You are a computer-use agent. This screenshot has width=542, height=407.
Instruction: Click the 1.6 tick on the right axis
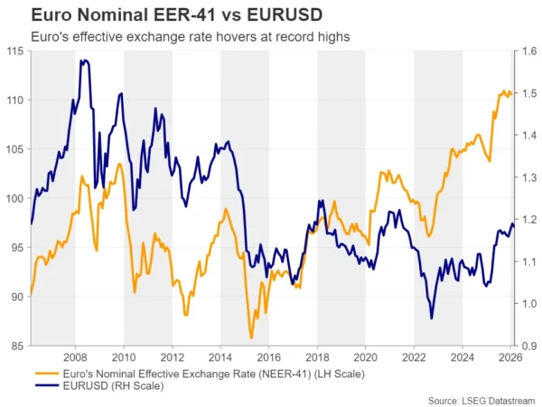click(528, 52)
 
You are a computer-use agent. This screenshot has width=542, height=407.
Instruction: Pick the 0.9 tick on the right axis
click(528, 345)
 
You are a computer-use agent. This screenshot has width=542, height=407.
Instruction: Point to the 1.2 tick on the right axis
click(528, 220)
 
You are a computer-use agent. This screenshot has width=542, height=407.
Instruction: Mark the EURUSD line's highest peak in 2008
click(83, 61)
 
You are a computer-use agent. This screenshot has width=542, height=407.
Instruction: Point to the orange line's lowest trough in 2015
click(251, 338)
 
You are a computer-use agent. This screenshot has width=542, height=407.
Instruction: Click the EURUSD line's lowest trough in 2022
click(431, 317)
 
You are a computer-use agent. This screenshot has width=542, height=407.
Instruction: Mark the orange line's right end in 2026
click(511, 94)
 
